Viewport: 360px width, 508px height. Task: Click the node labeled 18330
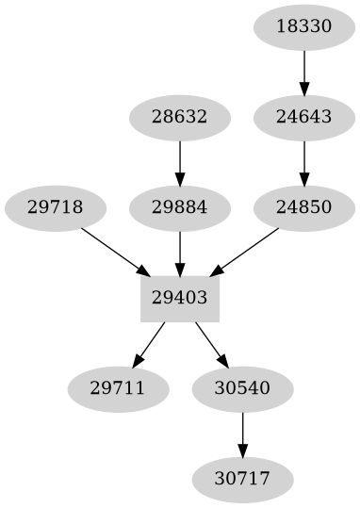click(x=304, y=26)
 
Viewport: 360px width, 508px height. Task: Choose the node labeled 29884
click(x=179, y=206)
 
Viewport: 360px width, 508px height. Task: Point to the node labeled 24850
click(x=304, y=206)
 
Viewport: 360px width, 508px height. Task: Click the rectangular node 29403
click(x=179, y=298)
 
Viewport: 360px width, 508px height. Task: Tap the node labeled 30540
click(x=242, y=388)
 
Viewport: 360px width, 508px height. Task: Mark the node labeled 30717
click(x=242, y=479)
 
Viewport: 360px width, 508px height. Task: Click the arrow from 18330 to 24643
click(x=304, y=71)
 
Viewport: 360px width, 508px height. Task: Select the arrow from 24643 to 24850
click(x=304, y=161)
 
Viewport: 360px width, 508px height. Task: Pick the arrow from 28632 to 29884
click(x=179, y=161)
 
